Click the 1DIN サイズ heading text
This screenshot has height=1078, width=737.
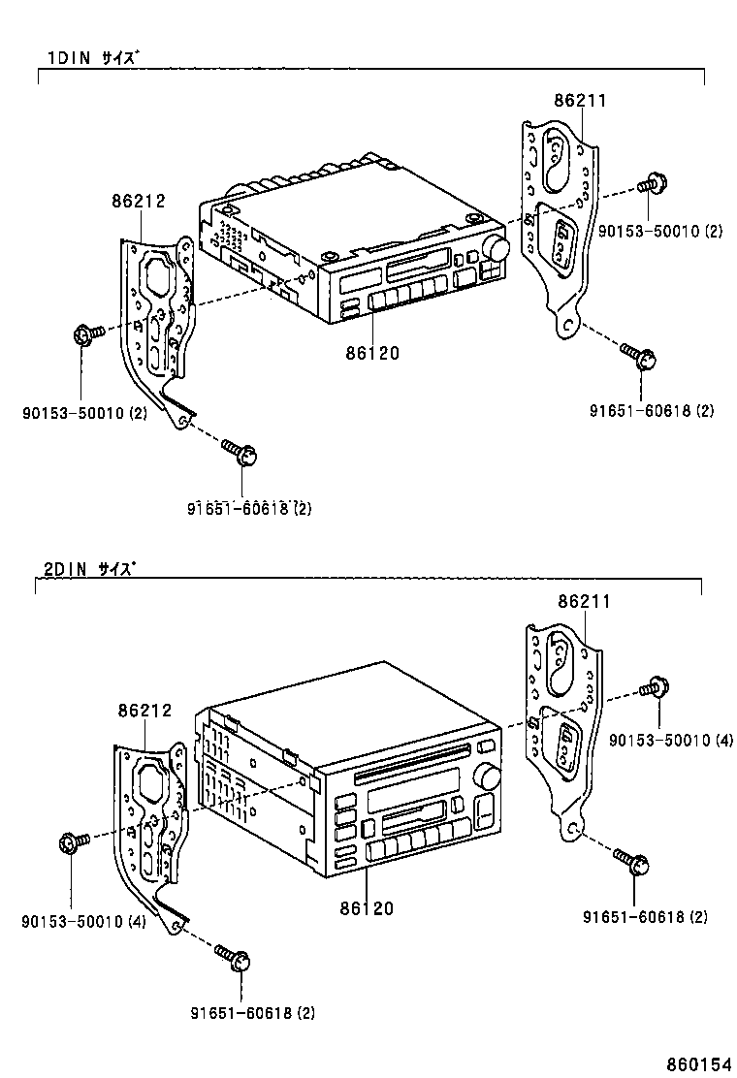[x=93, y=57]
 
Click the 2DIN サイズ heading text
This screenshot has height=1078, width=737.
[x=89, y=569]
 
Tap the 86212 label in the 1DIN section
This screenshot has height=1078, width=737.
[x=138, y=202]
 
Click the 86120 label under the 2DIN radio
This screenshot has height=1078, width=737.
[x=367, y=908]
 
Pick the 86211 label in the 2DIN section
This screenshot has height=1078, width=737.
[x=584, y=602]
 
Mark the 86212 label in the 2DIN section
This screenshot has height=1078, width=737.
[x=144, y=711]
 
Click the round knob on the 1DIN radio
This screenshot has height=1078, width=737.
[x=498, y=249]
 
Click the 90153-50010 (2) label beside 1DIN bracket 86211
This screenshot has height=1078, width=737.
[x=659, y=231]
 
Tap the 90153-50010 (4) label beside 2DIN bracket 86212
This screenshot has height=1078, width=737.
[x=83, y=922]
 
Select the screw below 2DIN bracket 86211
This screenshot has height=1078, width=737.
[x=632, y=861]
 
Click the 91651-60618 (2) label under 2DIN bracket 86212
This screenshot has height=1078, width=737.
[x=252, y=1013]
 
